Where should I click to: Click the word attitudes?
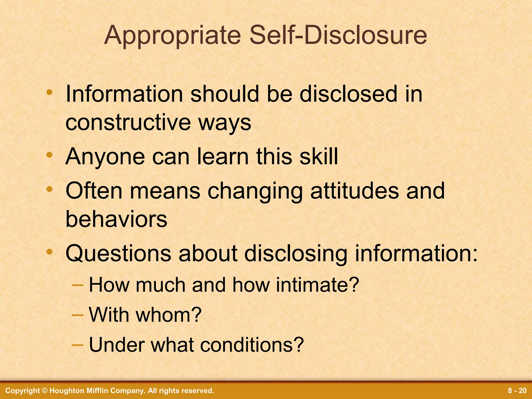tap(354, 191)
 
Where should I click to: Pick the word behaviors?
tap(116, 219)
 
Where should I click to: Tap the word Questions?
tap(118, 253)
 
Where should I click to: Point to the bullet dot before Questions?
tap(49, 252)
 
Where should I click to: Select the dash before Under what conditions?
tap(77, 345)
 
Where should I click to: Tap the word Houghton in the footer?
tap(65, 391)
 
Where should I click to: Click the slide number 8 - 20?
tap(517, 391)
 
